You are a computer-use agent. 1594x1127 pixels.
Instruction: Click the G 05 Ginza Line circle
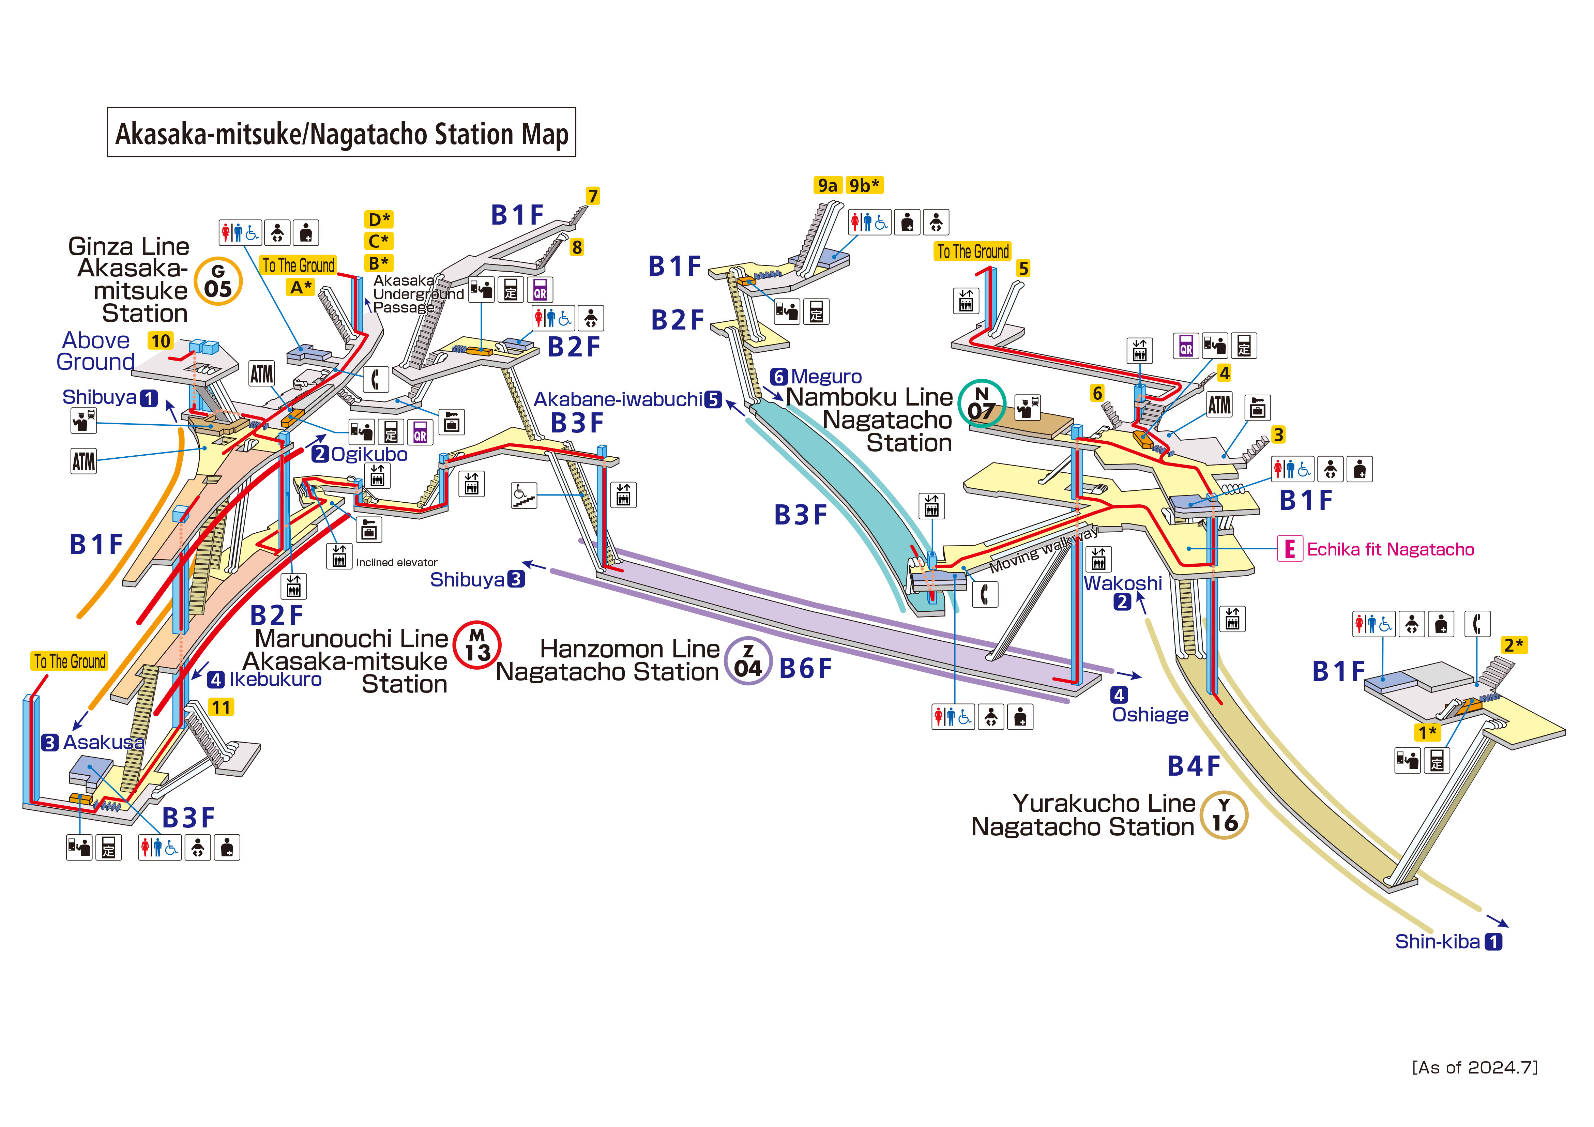pos(218,281)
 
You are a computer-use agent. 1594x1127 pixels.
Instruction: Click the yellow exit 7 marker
pos(592,197)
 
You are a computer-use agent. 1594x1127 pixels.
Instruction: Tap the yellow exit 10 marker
pos(161,341)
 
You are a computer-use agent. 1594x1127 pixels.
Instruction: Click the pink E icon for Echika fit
pos(1289,549)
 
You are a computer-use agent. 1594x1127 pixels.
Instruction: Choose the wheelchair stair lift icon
pos(523,495)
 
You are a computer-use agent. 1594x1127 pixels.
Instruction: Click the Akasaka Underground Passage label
pos(416,294)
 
